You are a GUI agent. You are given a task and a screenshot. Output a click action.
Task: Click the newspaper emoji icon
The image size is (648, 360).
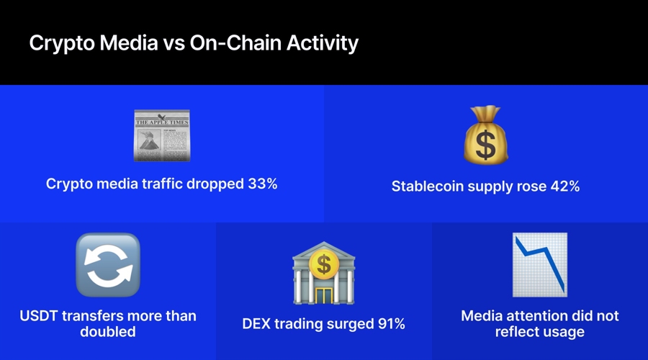pyautogui.click(x=161, y=135)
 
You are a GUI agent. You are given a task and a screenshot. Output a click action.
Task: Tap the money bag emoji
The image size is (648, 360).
pyautogui.click(x=485, y=135)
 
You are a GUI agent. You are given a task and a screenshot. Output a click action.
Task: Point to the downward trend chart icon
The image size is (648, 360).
pyautogui.click(x=540, y=265)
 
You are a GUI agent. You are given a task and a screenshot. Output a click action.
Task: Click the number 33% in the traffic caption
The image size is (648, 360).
pyautogui.click(x=262, y=184)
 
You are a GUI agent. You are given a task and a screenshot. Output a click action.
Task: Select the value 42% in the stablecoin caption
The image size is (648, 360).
pyautogui.click(x=564, y=186)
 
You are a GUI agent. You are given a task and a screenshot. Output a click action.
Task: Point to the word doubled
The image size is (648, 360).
pyautogui.click(x=108, y=332)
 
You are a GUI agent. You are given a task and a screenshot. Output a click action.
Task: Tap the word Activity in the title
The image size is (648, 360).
pyautogui.click(x=321, y=43)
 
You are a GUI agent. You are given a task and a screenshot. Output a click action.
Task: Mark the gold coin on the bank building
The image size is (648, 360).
pyautogui.click(x=324, y=266)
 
